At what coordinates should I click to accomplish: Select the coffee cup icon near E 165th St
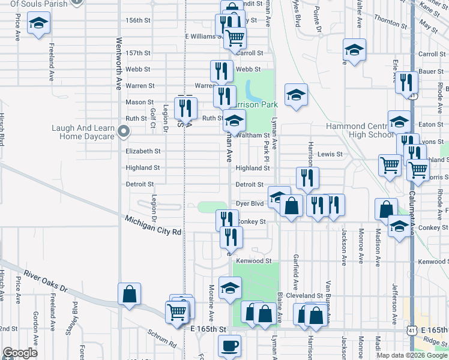coord(229,346)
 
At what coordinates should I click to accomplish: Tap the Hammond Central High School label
coord(360,130)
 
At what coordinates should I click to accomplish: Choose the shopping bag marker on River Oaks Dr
coord(129,294)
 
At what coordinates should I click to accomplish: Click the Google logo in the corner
coord(20,353)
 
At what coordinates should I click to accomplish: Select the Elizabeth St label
coord(143,152)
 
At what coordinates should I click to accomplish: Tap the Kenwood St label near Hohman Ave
coord(254,261)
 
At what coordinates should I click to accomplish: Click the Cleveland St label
coord(304,296)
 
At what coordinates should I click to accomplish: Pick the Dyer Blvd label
coord(250,204)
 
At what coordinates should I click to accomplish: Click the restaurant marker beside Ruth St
coord(185,108)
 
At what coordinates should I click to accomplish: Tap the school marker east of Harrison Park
coord(296,95)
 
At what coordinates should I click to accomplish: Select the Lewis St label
coord(330,154)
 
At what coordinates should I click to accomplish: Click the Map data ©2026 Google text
coord(412,355)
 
